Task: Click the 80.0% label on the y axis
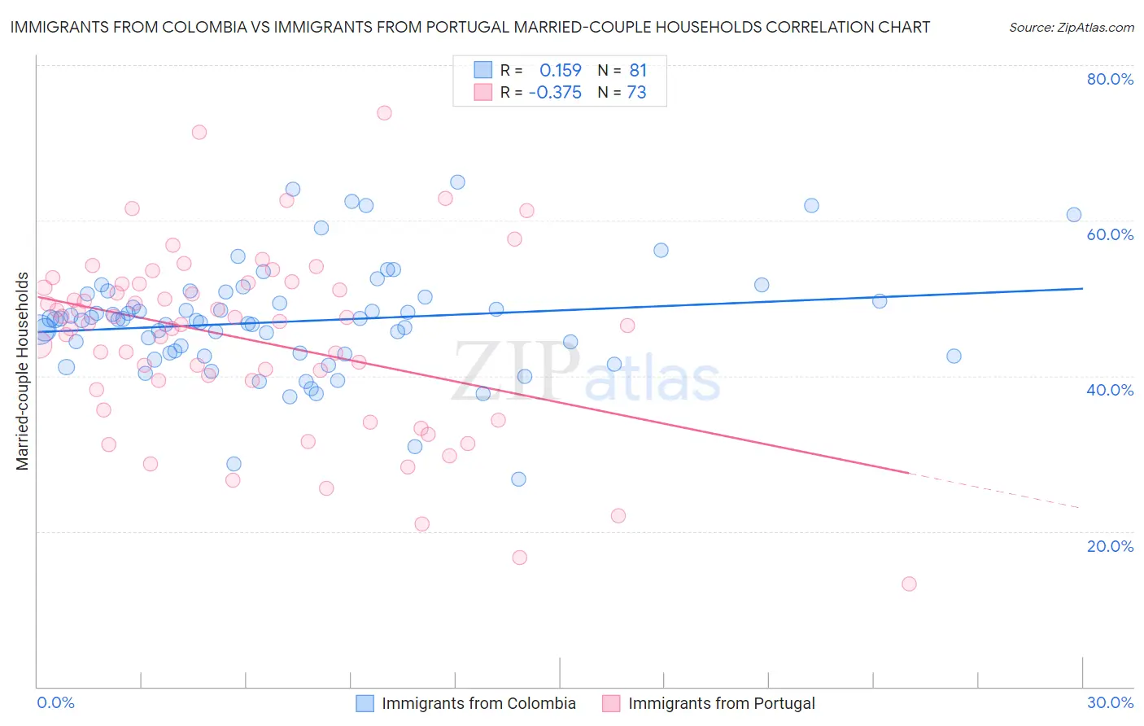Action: point(1110,79)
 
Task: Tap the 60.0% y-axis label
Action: point(1110,234)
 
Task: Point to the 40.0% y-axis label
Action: point(1110,390)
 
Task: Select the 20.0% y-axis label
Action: point(1110,546)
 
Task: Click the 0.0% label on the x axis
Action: point(55,703)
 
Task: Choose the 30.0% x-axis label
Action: point(1110,703)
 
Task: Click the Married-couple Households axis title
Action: point(23,371)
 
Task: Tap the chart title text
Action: point(469,27)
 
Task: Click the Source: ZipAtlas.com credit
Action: point(1071,28)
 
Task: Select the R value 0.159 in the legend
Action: point(561,70)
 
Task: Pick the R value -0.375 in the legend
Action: point(555,93)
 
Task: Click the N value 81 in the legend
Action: point(638,70)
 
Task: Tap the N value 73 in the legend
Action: point(636,93)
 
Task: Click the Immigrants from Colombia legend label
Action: point(478,704)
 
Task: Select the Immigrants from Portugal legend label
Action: point(721,704)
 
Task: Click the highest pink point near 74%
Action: point(384,113)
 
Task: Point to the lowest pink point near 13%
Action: point(909,584)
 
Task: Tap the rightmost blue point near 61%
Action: point(1074,215)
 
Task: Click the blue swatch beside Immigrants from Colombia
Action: point(365,704)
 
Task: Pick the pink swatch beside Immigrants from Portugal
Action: point(611,704)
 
